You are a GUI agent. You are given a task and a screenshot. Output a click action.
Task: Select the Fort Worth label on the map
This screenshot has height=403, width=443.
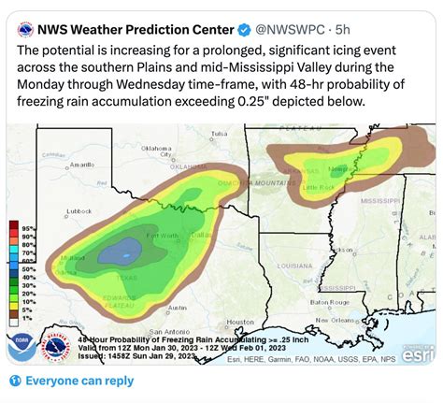(161, 234)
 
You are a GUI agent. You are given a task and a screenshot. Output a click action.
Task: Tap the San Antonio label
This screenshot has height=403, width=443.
(140, 332)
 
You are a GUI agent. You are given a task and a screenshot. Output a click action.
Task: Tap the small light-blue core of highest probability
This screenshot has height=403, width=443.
(116, 251)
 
